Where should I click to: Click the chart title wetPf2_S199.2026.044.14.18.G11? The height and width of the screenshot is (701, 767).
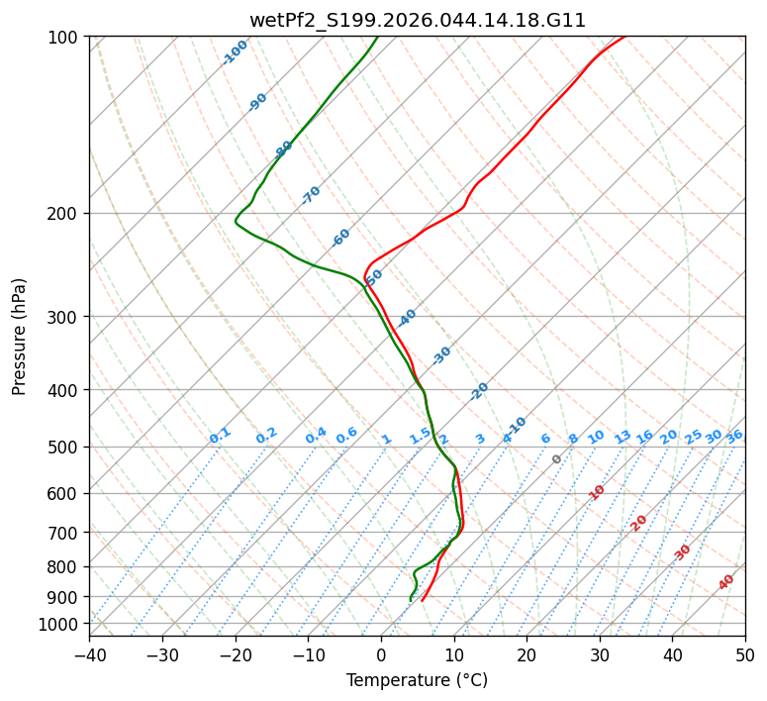[417, 20]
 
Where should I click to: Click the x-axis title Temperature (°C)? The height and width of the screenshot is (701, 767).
[417, 680]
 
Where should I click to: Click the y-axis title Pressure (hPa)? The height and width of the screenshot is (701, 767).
[20, 337]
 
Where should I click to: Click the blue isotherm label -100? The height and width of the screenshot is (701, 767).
[236, 51]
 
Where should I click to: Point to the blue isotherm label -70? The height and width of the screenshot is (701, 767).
[312, 195]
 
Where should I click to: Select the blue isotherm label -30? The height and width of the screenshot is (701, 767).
[441, 355]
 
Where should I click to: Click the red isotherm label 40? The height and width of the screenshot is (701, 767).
[726, 582]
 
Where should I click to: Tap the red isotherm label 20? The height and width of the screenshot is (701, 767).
[639, 523]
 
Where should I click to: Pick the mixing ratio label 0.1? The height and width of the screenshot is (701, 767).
[221, 436]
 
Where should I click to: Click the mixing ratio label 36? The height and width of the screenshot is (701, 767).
[734, 436]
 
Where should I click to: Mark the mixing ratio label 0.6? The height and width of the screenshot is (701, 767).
[346, 436]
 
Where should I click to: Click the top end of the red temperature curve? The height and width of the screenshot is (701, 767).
[624, 38]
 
